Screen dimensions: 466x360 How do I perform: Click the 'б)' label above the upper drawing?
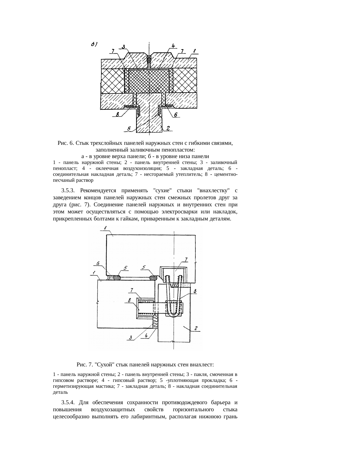[94, 44]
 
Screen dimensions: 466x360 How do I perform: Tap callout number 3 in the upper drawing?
[124, 47]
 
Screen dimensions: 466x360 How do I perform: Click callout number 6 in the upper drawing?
[175, 115]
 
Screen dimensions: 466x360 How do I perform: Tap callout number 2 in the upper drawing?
[168, 128]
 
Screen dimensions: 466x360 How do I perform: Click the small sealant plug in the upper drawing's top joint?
[149, 59]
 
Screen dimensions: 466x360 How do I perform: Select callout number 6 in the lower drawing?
[98, 263]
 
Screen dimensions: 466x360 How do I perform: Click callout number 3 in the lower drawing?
[131, 337]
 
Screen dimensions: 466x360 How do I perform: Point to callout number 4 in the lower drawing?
[146, 336]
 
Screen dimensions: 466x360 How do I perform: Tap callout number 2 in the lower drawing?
[196, 328]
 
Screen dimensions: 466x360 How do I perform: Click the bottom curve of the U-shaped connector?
[173, 315]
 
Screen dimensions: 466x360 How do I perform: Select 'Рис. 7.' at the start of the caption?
[85, 364]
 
